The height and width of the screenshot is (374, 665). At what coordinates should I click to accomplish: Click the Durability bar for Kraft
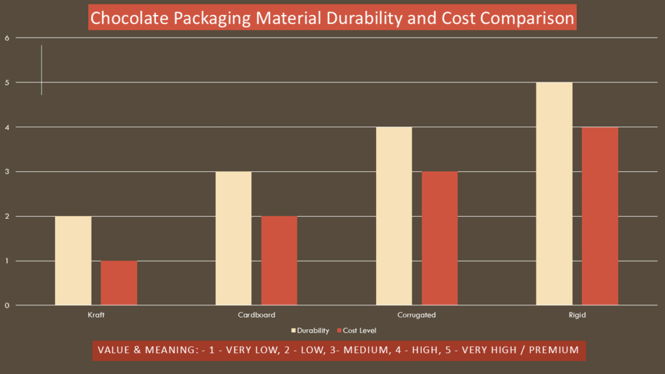coord(73,260)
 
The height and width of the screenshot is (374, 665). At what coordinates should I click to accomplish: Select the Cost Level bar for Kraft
coord(119,282)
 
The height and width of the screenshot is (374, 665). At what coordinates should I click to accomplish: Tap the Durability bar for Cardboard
coord(233,238)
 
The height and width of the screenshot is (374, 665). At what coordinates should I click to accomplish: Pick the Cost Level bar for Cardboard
coord(279,260)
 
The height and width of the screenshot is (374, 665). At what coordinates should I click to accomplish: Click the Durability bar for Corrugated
coord(394,216)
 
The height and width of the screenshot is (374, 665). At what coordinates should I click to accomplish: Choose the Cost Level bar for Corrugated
coord(440,238)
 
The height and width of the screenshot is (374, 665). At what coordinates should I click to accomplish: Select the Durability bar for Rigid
coord(554,193)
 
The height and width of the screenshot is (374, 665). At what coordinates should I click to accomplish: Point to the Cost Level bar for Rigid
coord(600,216)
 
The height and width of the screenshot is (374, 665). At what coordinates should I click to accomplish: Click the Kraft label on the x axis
coord(96,315)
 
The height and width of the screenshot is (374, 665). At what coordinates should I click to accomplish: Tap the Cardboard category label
coord(257,315)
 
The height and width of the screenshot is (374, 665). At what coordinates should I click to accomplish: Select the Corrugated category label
coord(416,315)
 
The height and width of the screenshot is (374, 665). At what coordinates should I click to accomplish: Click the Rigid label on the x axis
coord(577,315)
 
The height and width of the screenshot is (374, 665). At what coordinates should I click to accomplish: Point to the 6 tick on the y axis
coord(6,38)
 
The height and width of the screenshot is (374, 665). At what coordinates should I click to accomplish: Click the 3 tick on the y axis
coord(6,171)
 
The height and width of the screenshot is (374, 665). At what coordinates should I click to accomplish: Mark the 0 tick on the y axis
coord(6,305)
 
